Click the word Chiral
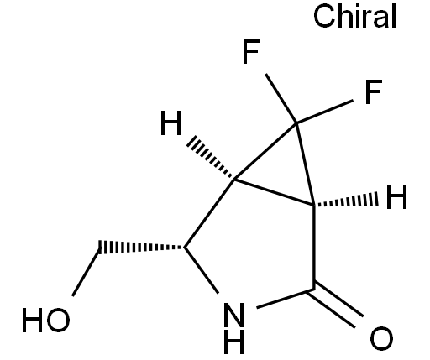[354, 16]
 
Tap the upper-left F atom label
[251, 52]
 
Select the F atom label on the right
[374, 91]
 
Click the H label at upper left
[170, 123]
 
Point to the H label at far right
[396, 197]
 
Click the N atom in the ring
[234, 315]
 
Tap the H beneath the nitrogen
[234, 342]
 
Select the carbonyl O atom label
[381, 338]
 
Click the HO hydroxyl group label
[46, 321]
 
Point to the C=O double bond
[335, 305]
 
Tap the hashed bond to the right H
[346, 201]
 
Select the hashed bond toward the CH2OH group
[141, 248]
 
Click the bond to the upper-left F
[281, 98]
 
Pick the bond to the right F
[325, 112]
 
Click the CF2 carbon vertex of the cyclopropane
[296, 123]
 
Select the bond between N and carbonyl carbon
[285, 299]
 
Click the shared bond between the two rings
[274, 192]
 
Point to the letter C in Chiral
[323, 17]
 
